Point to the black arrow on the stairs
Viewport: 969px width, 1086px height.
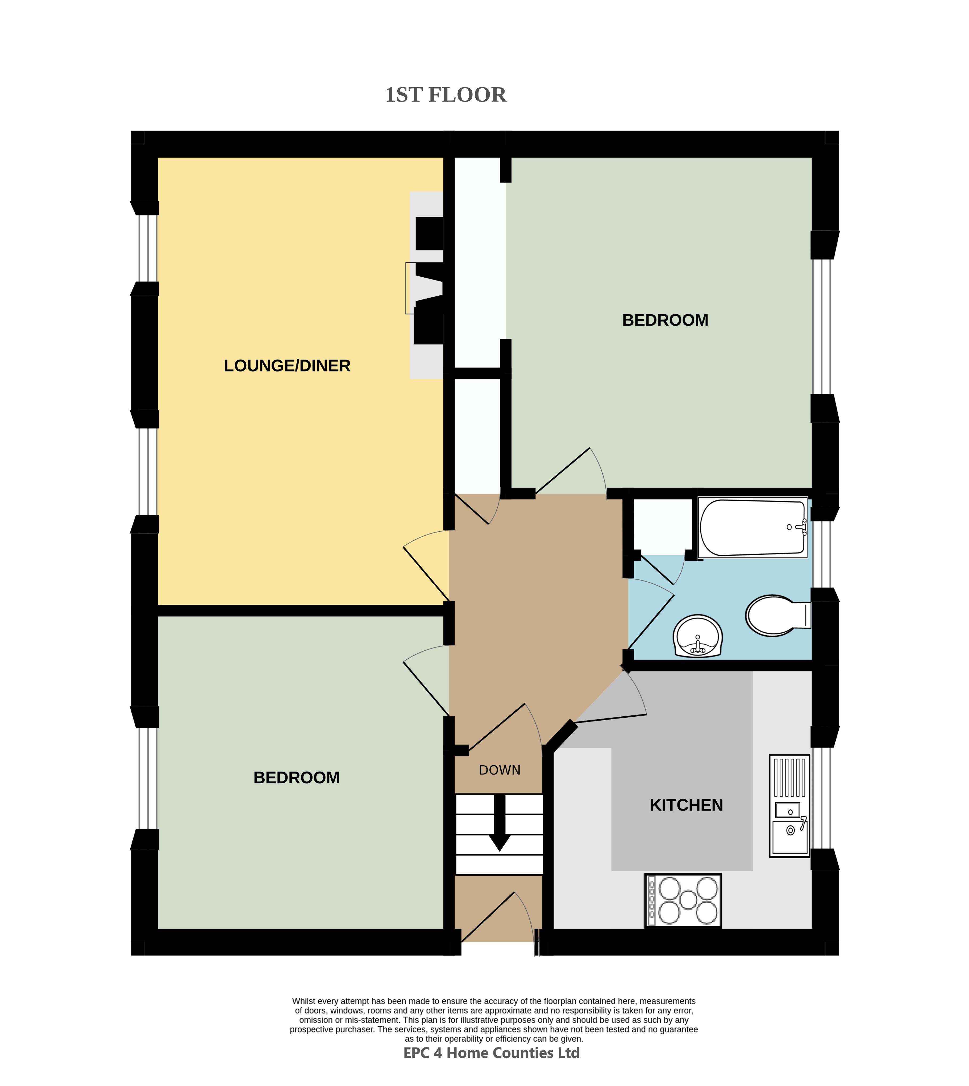(500, 822)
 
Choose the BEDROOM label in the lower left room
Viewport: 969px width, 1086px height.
(297, 778)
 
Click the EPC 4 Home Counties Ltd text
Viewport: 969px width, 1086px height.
(492, 1053)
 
